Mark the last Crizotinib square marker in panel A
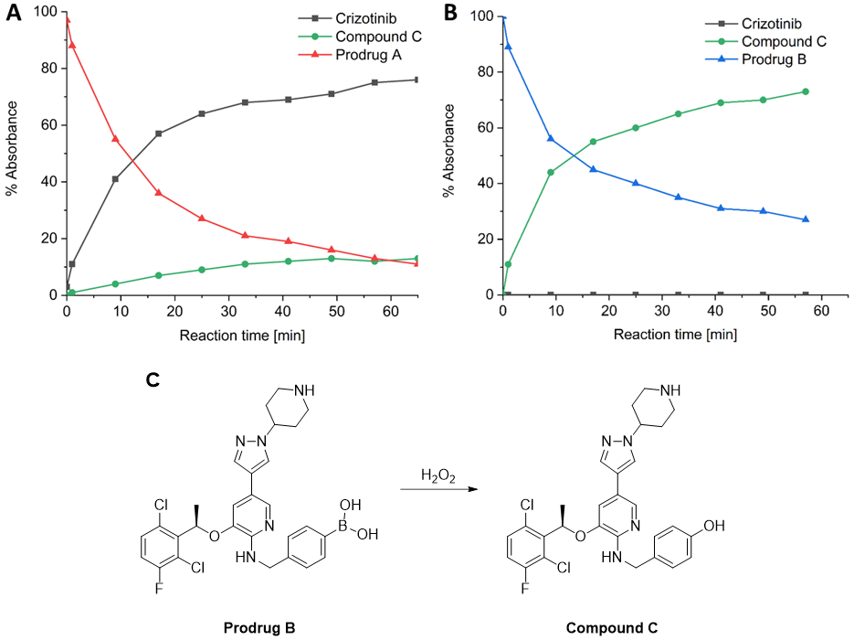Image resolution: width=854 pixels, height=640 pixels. point(416,80)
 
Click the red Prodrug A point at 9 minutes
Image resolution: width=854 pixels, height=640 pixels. point(115,139)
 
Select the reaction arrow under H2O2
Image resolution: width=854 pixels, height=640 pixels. point(439,491)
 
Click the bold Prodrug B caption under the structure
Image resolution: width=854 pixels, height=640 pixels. point(259,628)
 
